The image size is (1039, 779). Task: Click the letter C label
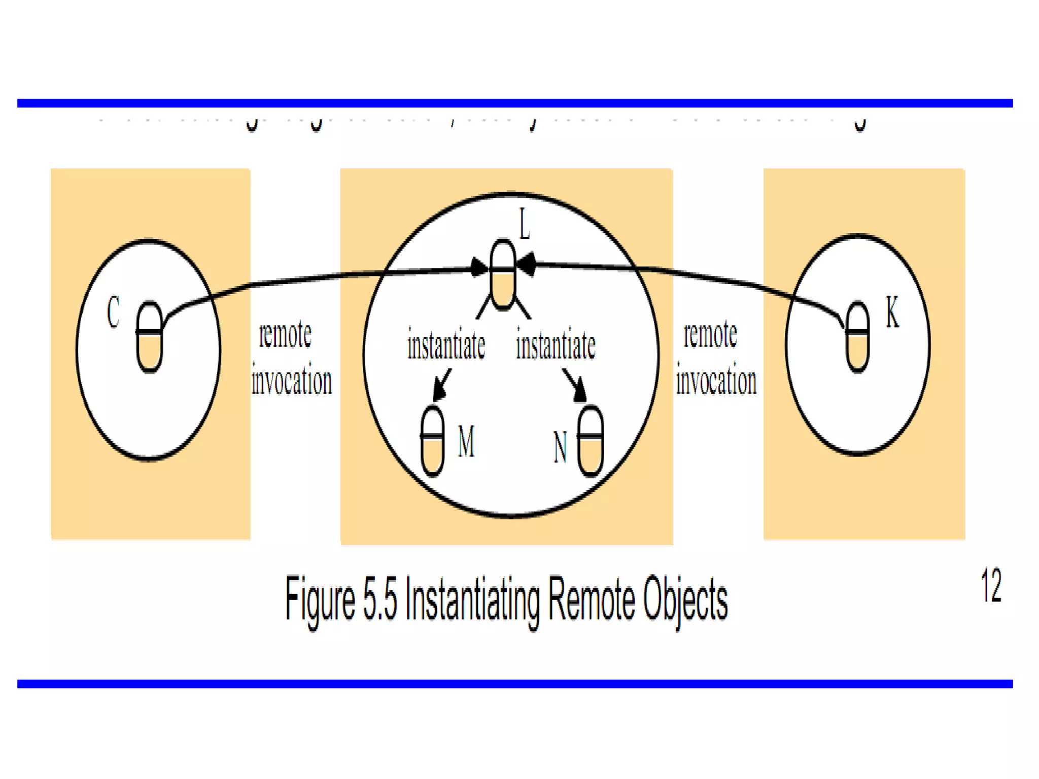[113, 312]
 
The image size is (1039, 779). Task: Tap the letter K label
[892, 312]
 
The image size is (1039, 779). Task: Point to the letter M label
[466, 441]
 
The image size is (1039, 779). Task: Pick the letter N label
[560, 447]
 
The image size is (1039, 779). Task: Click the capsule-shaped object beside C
[150, 337]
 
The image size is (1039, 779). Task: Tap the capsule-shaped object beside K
[857, 337]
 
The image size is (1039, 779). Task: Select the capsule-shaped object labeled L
[503, 274]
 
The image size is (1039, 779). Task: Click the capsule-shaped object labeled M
[433, 441]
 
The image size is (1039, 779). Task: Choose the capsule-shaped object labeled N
[591, 441]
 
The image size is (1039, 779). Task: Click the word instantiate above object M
[446, 345]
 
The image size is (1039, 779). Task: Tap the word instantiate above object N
[556, 345]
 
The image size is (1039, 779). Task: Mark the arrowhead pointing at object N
[579, 391]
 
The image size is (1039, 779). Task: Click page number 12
[991, 586]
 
